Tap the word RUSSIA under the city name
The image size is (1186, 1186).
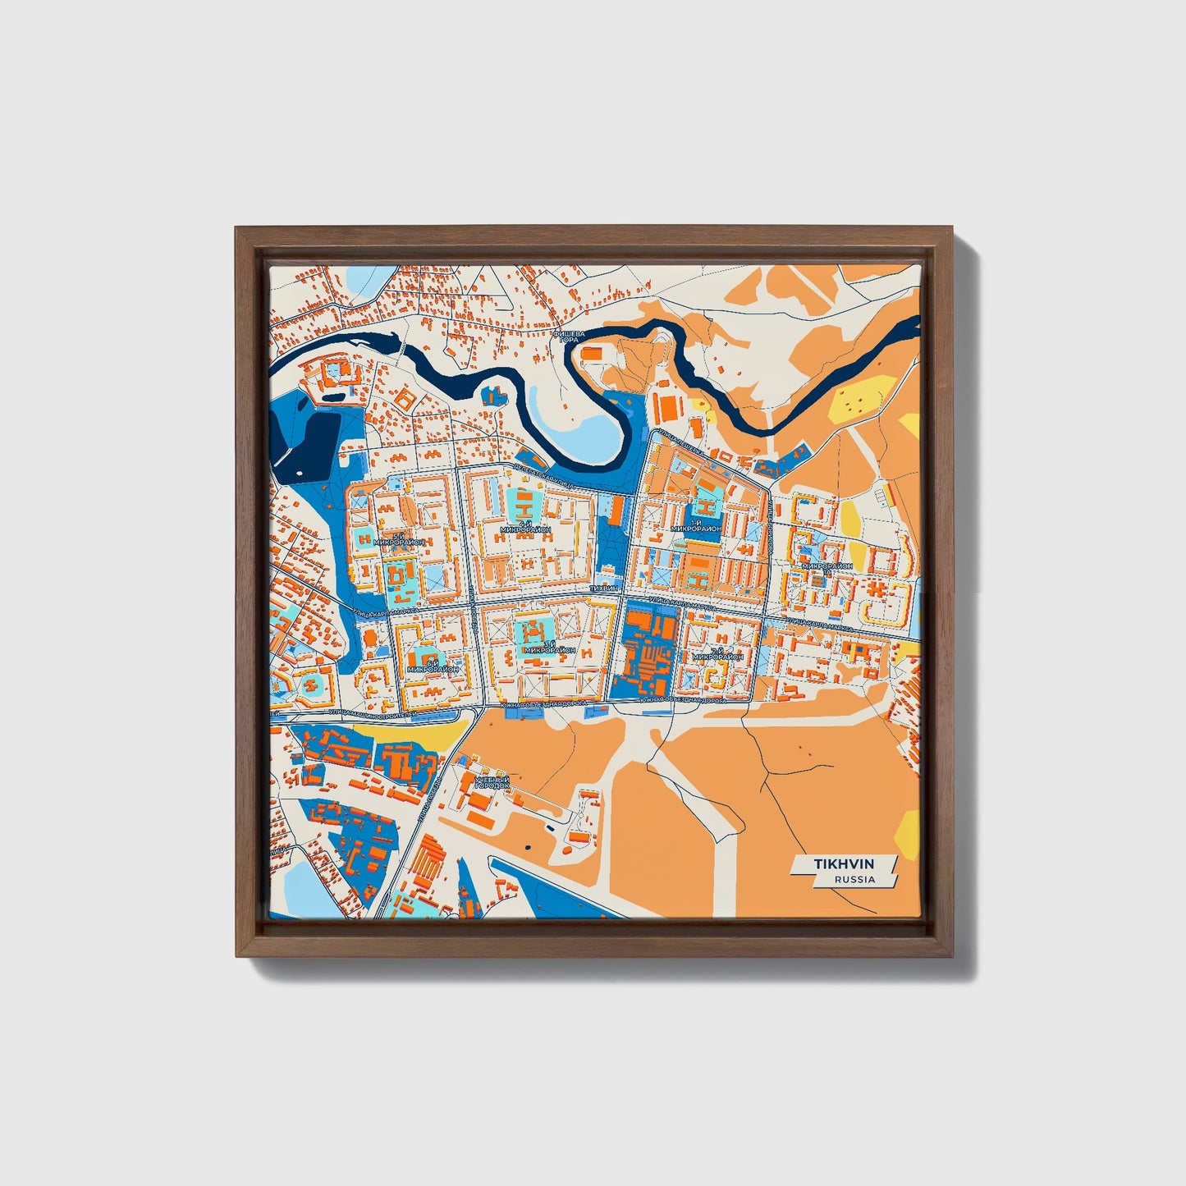click(x=854, y=879)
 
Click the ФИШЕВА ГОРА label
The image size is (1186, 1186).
click(x=569, y=337)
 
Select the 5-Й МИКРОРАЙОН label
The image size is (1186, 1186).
click(x=397, y=539)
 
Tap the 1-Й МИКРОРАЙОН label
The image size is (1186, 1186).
click(x=696, y=526)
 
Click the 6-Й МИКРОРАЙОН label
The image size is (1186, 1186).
click(x=432, y=665)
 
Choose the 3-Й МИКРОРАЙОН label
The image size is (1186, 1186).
click(x=549, y=647)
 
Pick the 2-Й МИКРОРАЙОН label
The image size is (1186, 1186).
click(x=717, y=654)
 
